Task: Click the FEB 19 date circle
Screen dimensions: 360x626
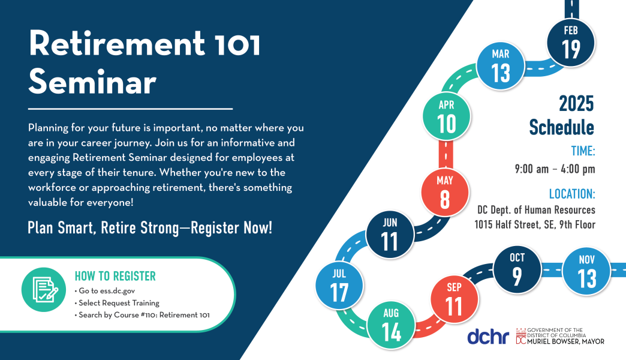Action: pos(571,42)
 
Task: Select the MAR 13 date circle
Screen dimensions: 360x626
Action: pos(501,66)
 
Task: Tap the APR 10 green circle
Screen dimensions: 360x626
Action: pos(447,116)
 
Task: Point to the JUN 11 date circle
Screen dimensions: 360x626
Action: pos(390,234)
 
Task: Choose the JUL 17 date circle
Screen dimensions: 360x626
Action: pos(339,285)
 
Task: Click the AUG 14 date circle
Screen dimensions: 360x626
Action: pos(391,325)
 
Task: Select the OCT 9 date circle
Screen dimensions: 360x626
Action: pos(517,269)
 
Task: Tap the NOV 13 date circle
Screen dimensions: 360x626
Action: pos(587,272)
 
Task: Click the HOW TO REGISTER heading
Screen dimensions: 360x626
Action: pos(115,276)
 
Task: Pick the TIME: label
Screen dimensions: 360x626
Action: pos(579,151)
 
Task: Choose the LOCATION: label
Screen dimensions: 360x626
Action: pos(571,194)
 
